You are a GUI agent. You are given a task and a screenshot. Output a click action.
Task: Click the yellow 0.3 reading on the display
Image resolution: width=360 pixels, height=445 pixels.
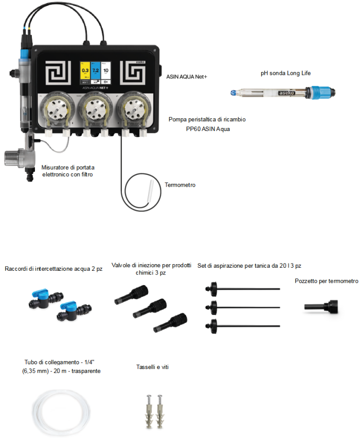click(85, 70)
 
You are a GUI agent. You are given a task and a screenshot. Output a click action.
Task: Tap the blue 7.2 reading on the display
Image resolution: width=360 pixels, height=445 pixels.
click(95, 70)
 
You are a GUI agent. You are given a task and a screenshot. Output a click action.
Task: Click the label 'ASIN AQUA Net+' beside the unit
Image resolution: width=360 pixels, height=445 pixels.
click(186, 76)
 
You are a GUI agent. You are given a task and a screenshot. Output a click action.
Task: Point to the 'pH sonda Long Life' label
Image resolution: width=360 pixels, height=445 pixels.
click(285, 73)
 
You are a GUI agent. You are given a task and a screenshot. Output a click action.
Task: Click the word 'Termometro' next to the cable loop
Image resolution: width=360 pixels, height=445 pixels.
click(180, 185)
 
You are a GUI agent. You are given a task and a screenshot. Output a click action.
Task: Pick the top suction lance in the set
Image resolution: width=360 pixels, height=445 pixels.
click(242, 289)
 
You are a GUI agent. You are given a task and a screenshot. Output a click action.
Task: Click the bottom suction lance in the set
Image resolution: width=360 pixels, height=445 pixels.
click(242, 325)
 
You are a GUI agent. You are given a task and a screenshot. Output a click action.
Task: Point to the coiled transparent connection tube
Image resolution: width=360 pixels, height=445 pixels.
click(59, 406)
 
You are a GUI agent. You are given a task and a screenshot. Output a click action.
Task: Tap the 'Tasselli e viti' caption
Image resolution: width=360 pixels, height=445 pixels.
click(152, 367)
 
